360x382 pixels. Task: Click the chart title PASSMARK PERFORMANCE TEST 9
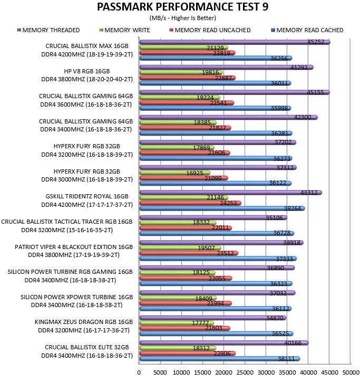[182, 7]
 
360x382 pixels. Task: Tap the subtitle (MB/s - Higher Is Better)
[182, 18]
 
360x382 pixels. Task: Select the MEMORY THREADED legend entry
[48, 30]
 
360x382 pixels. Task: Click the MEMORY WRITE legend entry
[124, 30]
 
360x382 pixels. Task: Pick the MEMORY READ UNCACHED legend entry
[210, 30]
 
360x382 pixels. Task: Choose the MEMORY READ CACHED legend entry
[307, 30]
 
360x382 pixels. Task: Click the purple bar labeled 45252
[235, 42]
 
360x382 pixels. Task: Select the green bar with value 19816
[181, 73]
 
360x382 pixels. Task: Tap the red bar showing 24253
[190, 203]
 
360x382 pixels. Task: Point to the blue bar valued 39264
[222, 208]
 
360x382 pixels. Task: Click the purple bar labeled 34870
[213, 318]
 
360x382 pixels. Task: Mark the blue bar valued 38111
[220, 359]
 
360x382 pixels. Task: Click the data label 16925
[194, 173]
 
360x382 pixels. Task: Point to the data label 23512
[225, 253]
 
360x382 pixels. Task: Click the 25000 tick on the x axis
[245, 373]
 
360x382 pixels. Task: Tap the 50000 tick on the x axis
[351, 373]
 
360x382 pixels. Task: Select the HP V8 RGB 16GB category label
[87, 71]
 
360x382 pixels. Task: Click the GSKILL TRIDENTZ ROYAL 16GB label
[87, 196]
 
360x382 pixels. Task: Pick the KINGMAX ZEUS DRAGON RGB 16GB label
[84, 322]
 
